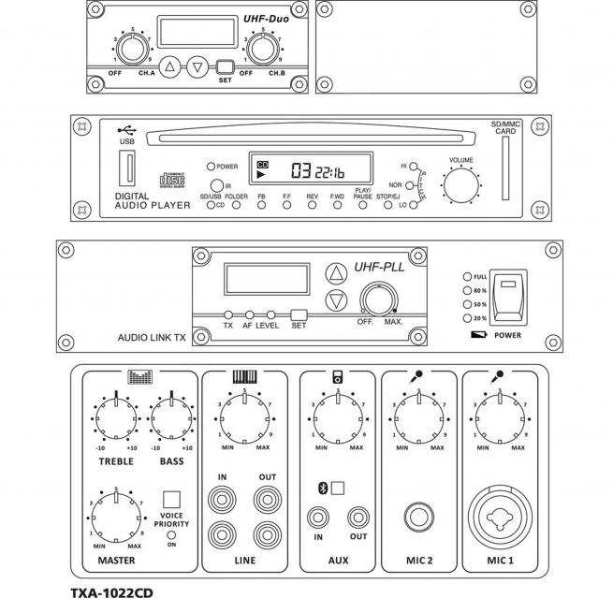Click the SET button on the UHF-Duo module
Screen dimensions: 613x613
click(225, 66)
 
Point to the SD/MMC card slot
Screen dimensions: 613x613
click(505, 171)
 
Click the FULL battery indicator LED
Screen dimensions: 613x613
click(466, 277)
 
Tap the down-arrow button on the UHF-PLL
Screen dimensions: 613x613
click(334, 301)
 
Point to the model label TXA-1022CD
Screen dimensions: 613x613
click(111, 592)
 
